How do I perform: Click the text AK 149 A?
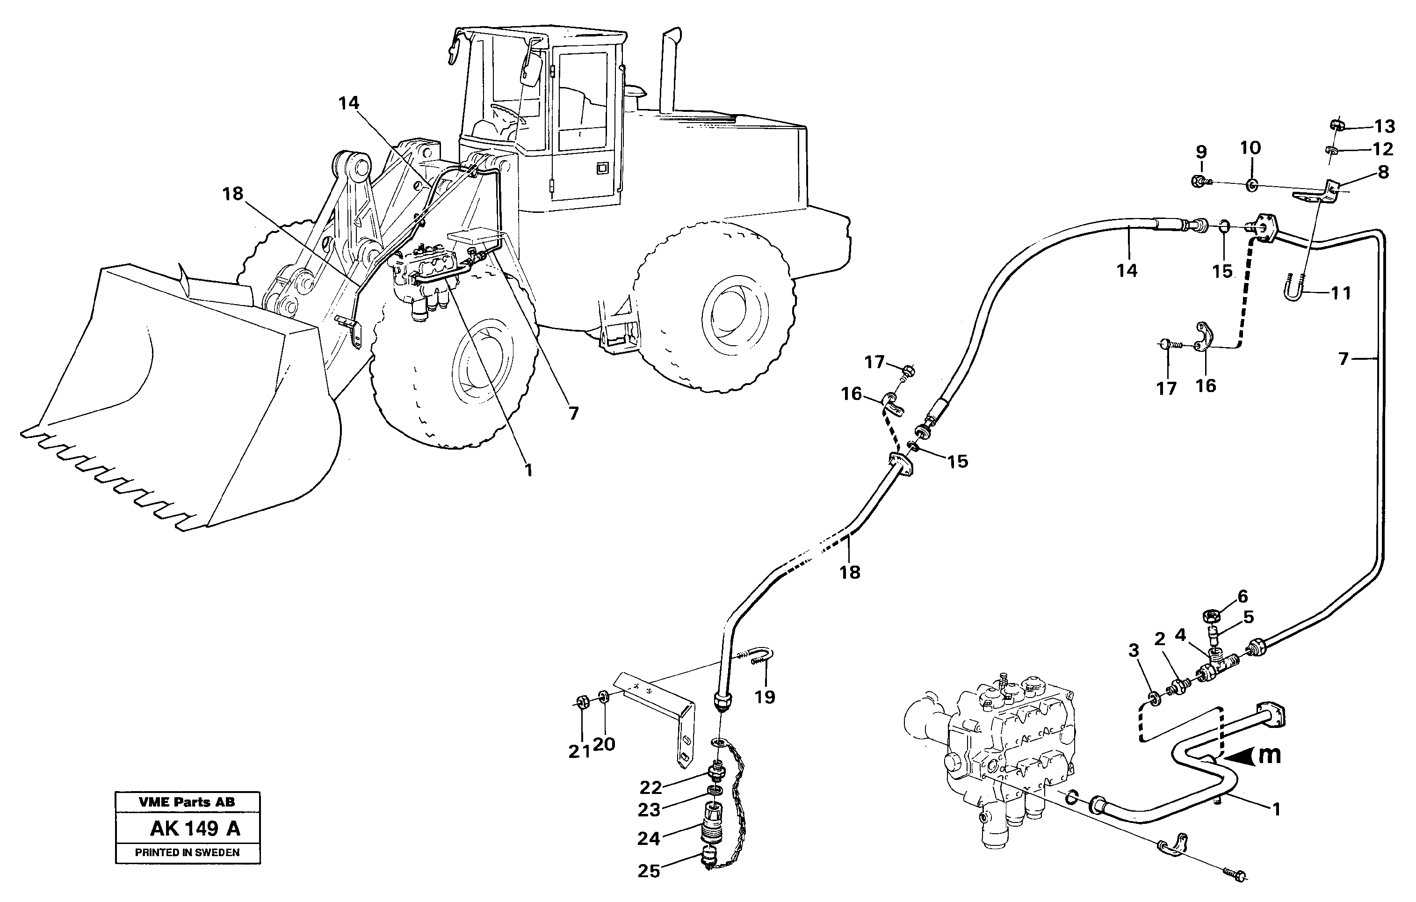(x=195, y=829)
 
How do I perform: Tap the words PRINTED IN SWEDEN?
(x=187, y=852)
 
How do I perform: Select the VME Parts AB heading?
(x=187, y=802)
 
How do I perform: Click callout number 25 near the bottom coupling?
(x=649, y=871)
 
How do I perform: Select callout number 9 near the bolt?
(x=1201, y=152)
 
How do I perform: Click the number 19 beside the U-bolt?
(x=765, y=697)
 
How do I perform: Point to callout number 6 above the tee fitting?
(x=1242, y=596)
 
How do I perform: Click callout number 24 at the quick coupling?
(x=649, y=838)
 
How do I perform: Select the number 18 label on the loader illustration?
(x=233, y=194)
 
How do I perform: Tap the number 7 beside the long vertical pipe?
(x=1343, y=358)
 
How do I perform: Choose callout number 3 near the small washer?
(x=1133, y=650)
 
